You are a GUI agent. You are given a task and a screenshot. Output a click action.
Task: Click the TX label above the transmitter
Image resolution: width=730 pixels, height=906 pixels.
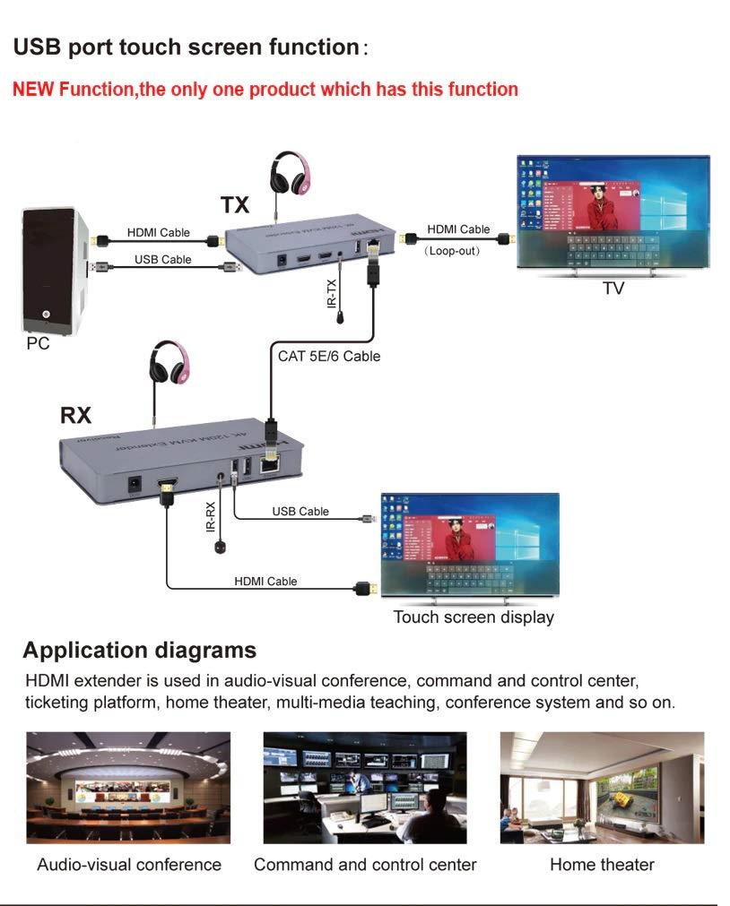tap(236, 205)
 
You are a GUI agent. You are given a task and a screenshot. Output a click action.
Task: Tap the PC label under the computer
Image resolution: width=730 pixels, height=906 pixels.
tap(38, 343)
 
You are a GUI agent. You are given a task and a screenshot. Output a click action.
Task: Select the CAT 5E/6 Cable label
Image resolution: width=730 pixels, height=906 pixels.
tap(328, 356)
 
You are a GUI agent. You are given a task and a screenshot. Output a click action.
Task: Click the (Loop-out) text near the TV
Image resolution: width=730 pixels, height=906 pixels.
tap(452, 251)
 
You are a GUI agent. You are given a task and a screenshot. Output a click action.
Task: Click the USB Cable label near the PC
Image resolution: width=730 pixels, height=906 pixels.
tap(163, 260)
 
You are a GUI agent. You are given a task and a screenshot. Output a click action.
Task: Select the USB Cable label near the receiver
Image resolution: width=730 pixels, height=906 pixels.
tap(300, 512)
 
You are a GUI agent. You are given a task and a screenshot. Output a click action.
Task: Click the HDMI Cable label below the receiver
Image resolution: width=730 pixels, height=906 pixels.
tap(265, 581)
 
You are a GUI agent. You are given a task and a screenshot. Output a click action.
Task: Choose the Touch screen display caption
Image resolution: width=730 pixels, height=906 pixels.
tap(474, 617)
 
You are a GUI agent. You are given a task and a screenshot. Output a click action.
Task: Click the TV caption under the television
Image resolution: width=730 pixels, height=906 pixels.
tap(613, 289)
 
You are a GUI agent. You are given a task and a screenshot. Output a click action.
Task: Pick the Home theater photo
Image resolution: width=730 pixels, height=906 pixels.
tap(602, 788)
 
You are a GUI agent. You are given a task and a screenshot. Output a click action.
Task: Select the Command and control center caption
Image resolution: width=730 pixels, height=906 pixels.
tap(365, 865)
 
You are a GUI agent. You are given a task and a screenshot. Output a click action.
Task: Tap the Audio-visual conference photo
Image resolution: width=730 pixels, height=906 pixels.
tap(128, 788)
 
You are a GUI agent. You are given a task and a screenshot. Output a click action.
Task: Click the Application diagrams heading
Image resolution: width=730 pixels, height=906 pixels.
tap(139, 650)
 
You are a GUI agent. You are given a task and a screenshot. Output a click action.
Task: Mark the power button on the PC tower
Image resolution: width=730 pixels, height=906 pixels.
tap(46, 315)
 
